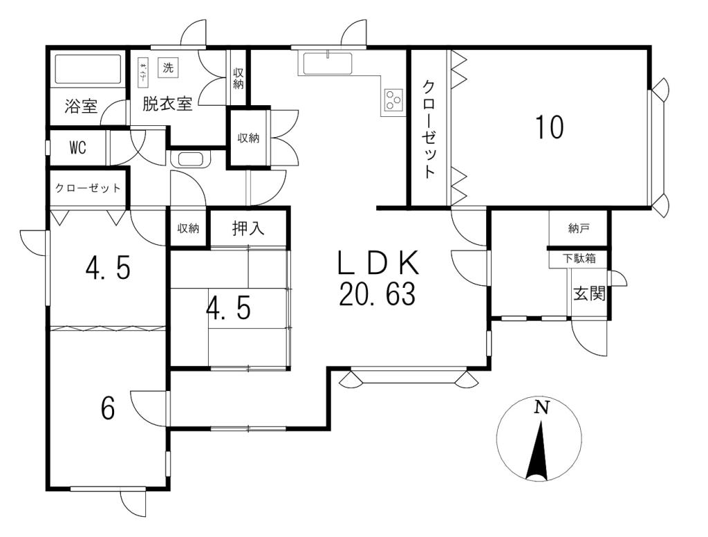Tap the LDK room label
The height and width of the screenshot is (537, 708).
click(x=378, y=264)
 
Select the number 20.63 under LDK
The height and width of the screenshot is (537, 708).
click(x=377, y=295)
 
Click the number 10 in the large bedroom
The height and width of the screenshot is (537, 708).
click(x=549, y=127)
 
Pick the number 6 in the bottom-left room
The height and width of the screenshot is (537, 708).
click(x=108, y=408)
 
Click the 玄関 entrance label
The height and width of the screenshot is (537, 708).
click(x=589, y=294)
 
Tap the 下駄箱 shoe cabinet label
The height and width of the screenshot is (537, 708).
click(x=579, y=259)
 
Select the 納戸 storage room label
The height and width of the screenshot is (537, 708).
click(x=579, y=228)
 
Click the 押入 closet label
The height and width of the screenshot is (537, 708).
click(x=248, y=228)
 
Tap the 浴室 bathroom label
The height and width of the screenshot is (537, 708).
click(x=81, y=107)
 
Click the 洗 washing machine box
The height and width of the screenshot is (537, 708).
click(x=168, y=68)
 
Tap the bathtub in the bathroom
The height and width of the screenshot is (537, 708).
click(x=88, y=69)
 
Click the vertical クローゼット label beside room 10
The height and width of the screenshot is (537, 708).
click(x=429, y=129)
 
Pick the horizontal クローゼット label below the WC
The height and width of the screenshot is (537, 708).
click(x=88, y=188)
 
